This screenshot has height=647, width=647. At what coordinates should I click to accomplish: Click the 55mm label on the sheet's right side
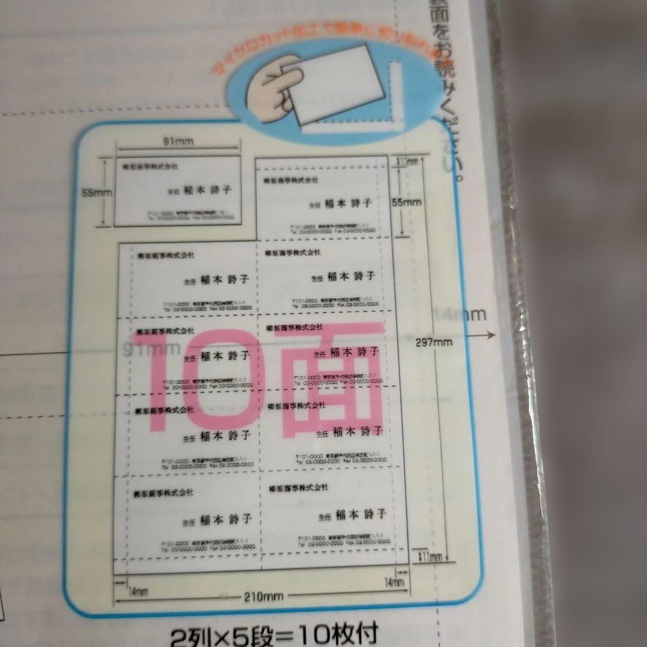point(407,202)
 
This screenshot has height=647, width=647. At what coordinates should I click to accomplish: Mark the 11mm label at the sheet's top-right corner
point(410,161)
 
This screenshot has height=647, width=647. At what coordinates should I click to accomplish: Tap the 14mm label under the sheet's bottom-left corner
point(138,591)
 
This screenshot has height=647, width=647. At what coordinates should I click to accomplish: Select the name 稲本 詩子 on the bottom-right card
point(360,514)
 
